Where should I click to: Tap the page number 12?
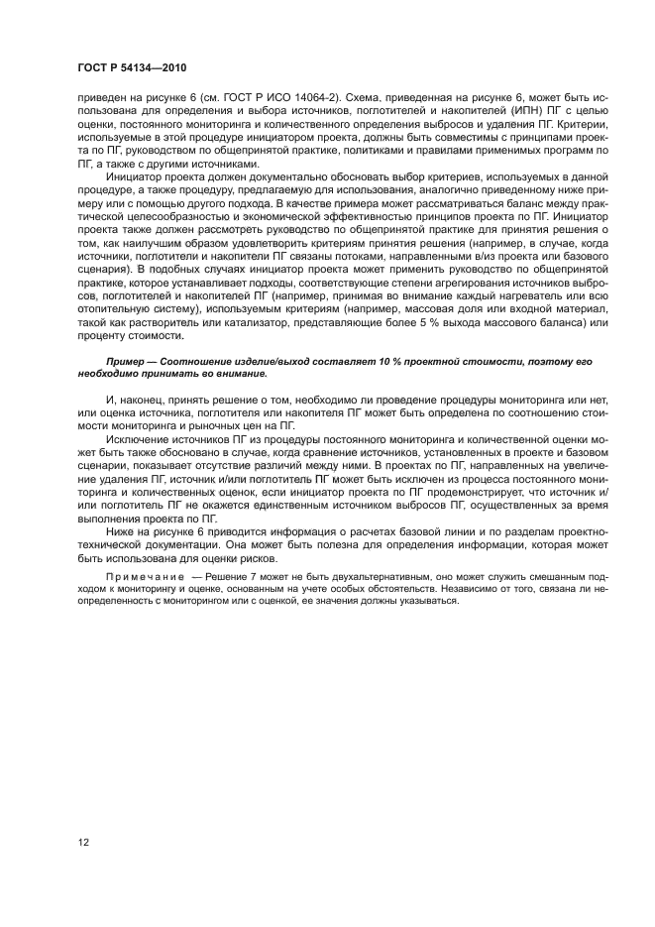83,842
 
